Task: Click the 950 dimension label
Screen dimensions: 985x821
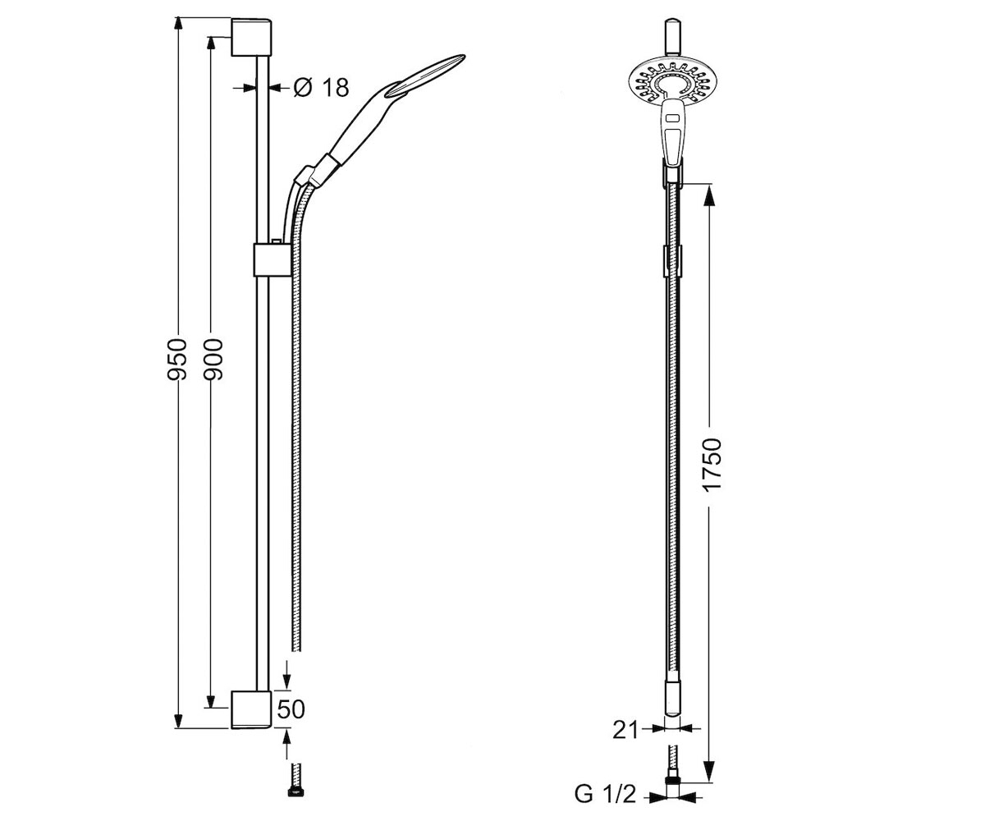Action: [177, 359]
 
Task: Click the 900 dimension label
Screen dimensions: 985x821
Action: [213, 359]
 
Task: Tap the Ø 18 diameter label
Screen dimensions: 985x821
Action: [321, 87]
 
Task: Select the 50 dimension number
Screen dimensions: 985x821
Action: [291, 709]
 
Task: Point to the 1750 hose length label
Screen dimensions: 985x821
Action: [712, 466]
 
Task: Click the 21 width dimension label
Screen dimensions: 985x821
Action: [625, 730]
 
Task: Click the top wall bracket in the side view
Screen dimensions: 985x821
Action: [251, 37]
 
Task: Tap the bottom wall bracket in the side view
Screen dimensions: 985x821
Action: [251, 710]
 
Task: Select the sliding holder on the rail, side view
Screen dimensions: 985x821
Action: [273, 259]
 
